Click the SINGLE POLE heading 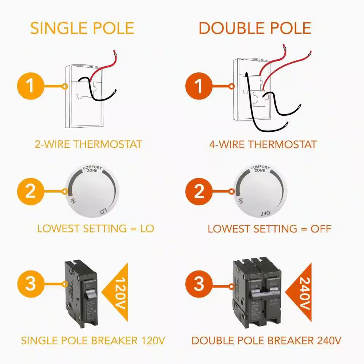click(x=82, y=28)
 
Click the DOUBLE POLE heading click(x=255, y=28)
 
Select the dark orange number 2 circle click(x=199, y=191)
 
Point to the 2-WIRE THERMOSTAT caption click(x=88, y=144)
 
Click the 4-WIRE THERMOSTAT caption click(x=263, y=144)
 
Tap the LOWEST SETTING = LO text click(x=95, y=229)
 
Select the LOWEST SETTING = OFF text click(x=269, y=229)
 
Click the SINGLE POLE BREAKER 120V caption click(x=93, y=341)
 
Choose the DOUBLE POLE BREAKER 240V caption click(x=266, y=341)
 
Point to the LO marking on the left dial click(x=103, y=211)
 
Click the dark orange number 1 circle click(x=199, y=87)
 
